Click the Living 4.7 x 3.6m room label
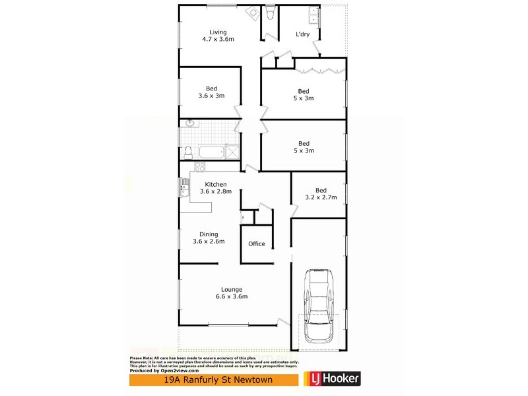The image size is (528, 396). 218,36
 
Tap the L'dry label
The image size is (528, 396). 303,35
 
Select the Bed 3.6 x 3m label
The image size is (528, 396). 211,92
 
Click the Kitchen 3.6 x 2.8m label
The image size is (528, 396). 215,188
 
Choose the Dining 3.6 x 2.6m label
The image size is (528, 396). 209,238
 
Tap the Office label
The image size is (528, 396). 257,244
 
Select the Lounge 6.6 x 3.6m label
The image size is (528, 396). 232,292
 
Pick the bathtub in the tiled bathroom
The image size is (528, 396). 211,152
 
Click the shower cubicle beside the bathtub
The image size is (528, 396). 233,152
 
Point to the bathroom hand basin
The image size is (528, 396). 189,123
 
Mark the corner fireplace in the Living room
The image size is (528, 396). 251,11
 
